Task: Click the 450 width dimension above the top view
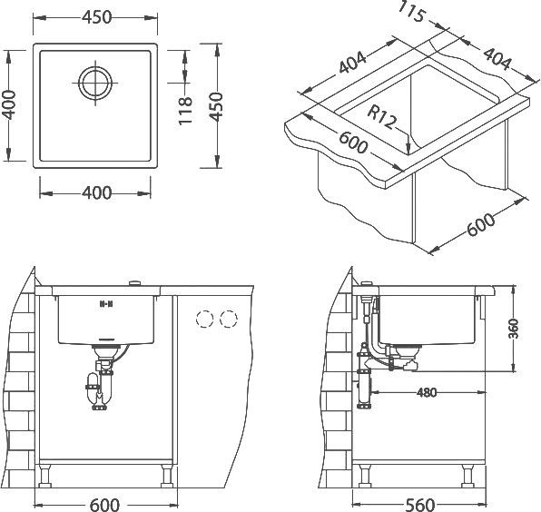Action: [97, 17]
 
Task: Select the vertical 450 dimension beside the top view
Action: [217, 106]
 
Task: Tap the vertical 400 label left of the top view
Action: [8, 105]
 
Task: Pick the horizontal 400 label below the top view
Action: [96, 192]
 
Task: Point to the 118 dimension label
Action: [185, 111]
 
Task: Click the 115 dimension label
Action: [411, 13]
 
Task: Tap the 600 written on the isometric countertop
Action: [352, 143]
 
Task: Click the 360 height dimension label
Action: [514, 329]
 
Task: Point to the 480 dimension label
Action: [427, 392]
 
